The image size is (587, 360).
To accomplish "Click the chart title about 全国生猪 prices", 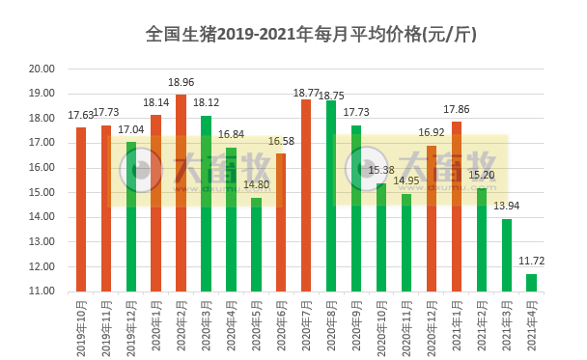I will coord(310,35).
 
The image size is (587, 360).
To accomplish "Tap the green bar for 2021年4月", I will coord(531,282).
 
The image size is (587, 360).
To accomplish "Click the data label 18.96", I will coord(181,83).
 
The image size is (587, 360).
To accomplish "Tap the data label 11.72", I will coord(531,262).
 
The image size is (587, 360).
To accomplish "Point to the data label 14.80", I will coord(256,185).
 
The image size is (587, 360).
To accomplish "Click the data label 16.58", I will coord(281,141).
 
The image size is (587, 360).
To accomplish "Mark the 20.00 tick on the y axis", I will coord(42,69).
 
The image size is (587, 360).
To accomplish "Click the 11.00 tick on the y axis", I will coord(42,291).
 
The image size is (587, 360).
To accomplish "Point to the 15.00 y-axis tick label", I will coord(42,192).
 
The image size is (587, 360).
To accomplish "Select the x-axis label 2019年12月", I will coord(131,323).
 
